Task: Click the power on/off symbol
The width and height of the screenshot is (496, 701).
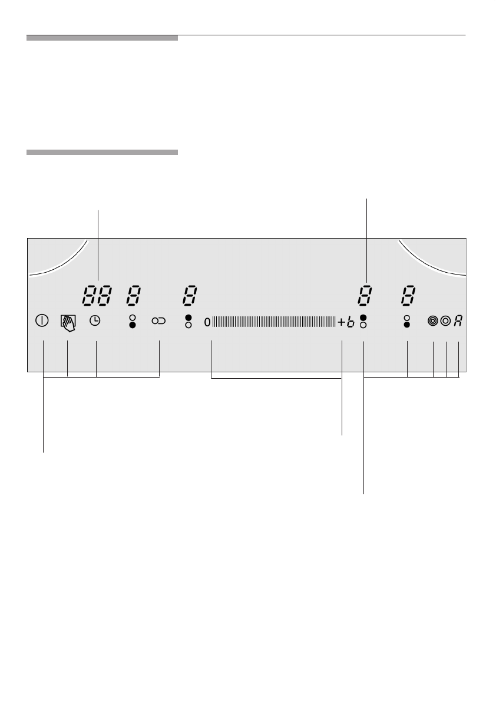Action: pyautogui.click(x=42, y=320)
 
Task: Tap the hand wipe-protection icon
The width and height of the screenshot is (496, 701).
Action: pyautogui.click(x=68, y=323)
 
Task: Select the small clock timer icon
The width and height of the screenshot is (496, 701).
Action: pyautogui.click(x=95, y=320)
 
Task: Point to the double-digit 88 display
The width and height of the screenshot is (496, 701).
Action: pyautogui.click(x=98, y=296)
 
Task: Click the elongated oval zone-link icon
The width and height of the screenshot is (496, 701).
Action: pyautogui.click(x=159, y=320)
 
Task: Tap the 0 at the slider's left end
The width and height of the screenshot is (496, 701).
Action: pyautogui.click(x=207, y=322)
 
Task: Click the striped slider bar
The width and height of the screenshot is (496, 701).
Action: pyautogui.click(x=274, y=322)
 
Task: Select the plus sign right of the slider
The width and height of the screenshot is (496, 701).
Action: pyautogui.click(x=342, y=322)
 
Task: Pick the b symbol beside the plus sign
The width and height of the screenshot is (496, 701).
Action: pyautogui.click(x=350, y=322)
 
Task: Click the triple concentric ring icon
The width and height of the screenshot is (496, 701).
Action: pyautogui.click(x=433, y=321)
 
